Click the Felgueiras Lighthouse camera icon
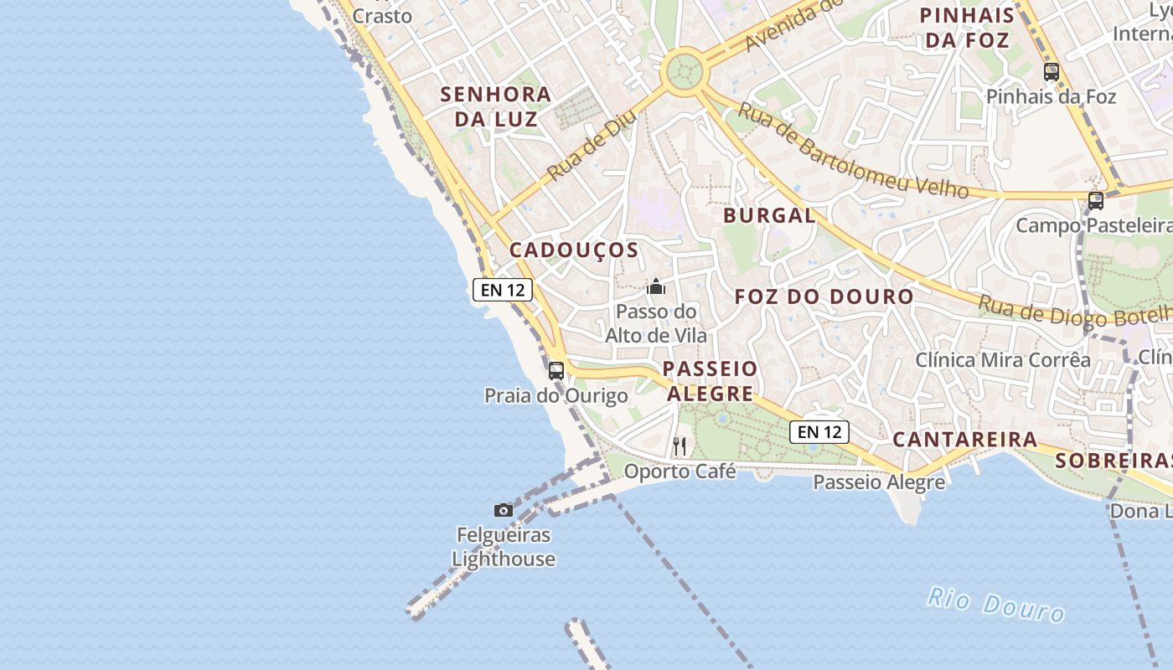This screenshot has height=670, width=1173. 503,510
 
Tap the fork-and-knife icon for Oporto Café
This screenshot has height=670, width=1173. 680,446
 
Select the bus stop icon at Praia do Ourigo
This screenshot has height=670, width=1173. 556,371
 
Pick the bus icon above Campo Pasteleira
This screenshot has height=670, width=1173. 1095,201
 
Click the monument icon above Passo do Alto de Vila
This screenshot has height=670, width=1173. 655,287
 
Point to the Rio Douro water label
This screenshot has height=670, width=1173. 995,605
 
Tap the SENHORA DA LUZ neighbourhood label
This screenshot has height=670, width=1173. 496,106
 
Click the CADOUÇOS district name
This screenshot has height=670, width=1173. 574,250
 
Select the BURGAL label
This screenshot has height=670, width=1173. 769,216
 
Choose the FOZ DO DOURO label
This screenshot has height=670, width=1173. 824,296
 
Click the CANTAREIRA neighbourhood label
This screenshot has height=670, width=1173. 964,440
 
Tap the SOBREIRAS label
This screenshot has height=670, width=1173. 1113,461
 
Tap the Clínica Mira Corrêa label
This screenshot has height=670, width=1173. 1002,360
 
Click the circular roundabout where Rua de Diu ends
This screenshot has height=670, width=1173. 685,71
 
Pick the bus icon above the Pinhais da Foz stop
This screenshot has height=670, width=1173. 1052,72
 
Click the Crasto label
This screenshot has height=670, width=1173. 382,16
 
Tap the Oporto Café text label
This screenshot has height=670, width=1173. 680,472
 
